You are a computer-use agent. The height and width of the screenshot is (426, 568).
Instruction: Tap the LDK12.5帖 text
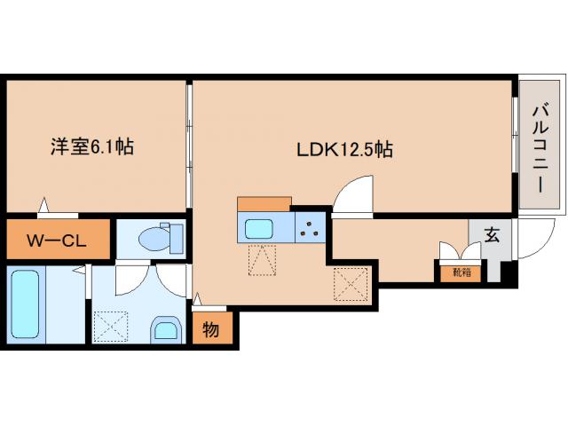click(x=344, y=150)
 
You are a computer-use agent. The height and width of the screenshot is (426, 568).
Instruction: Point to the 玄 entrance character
click(x=491, y=236)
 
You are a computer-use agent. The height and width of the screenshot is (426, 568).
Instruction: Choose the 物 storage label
click(x=211, y=330)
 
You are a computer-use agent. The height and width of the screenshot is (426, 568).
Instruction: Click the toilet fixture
click(x=158, y=239)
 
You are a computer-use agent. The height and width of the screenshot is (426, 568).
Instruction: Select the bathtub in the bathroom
click(x=26, y=305)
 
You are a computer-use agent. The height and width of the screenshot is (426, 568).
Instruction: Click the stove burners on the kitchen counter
click(x=310, y=229)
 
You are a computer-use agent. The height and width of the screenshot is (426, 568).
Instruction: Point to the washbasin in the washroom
click(x=166, y=329)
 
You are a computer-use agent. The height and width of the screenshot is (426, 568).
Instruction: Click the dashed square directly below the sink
click(x=264, y=261)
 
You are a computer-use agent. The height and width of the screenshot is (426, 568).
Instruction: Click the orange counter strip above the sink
click(x=264, y=204)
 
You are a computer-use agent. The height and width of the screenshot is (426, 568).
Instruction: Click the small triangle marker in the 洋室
click(x=43, y=206)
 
